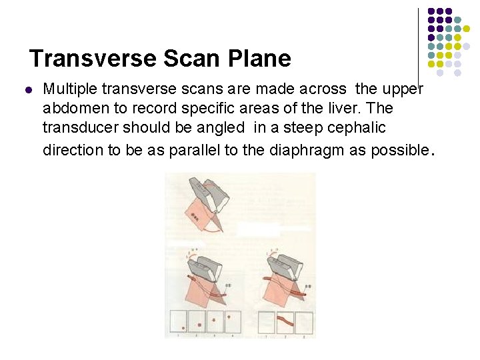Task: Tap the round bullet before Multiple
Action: (28, 89)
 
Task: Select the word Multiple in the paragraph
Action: (68, 89)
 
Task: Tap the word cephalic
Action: (359, 127)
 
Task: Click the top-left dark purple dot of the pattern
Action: (431, 11)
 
